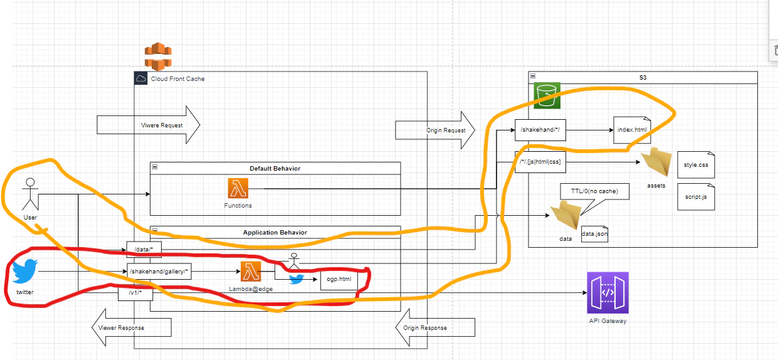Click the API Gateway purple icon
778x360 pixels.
coord(607,293)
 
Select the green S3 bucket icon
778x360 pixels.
coord(547,95)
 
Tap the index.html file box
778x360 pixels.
coord(632,130)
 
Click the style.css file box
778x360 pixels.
coord(696,165)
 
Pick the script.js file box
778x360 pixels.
coord(696,197)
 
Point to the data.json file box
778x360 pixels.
coord(594,234)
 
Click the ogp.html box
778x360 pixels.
coord(339,279)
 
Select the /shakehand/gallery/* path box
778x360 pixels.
coord(159,272)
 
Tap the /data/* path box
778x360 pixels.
coord(144,250)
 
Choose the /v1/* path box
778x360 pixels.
coord(135,293)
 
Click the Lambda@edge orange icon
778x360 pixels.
coord(251,272)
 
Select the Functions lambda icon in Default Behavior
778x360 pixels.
coord(238,188)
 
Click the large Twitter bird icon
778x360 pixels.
coord(24,271)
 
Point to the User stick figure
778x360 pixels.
coord(30,194)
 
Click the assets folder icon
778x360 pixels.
coord(656,162)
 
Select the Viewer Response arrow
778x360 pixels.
coord(132,327)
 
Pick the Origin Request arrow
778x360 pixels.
coord(435,130)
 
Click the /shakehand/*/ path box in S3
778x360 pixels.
coord(540,130)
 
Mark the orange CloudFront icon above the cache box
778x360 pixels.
coord(158,56)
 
